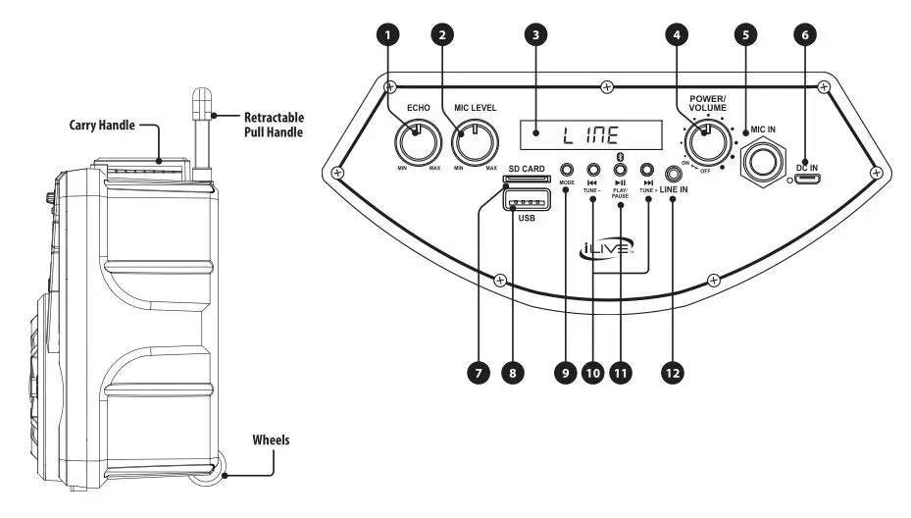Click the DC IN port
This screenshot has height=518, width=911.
click(808, 179)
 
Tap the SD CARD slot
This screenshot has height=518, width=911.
click(527, 181)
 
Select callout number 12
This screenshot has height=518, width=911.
click(674, 373)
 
